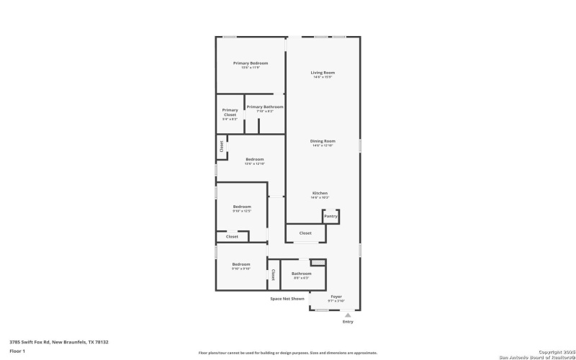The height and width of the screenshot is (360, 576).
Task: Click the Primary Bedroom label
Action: (x=251, y=63)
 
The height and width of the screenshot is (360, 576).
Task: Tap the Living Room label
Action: (x=323, y=73)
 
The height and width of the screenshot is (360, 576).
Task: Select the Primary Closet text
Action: (x=230, y=112)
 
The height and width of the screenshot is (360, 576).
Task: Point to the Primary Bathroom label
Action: (x=264, y=107)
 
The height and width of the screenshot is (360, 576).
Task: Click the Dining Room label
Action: (x=323, y=141)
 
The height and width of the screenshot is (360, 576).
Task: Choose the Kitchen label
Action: (x=320, y=193)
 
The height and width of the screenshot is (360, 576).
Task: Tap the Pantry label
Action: (x=330, y=216)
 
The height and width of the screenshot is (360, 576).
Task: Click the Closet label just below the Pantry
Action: (x=305, y=233)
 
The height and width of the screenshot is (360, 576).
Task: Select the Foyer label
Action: (x=336, y=296)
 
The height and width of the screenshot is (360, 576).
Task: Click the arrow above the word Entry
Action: (x=348, y=315)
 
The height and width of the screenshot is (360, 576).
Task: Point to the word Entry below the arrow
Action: (x=348, y=322)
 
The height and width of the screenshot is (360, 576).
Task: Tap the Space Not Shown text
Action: (x=287, y=298)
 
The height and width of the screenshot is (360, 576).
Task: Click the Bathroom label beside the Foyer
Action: (x=301, y=274)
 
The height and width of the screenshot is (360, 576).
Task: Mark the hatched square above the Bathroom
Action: (x=318, y=262)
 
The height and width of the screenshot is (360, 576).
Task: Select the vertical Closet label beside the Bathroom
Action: (x=273, y=274)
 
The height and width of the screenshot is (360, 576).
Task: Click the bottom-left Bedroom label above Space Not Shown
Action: (x=240, y=264)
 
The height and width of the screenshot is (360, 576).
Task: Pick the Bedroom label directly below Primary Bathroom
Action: (x=255, y=159)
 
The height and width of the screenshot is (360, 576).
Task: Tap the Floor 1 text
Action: (x=17, y=351)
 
